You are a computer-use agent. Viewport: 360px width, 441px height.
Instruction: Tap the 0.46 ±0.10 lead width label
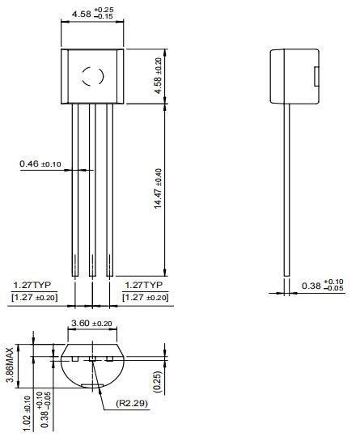tap(41, 164)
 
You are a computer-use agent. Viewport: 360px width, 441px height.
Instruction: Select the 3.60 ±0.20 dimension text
tap(92, 323)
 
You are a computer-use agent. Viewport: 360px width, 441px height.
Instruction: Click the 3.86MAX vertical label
tap(10, 367)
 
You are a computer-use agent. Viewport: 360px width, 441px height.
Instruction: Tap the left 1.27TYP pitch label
tap(32, 286)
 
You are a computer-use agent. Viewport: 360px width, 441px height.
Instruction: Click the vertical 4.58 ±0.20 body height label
tap(158, 75)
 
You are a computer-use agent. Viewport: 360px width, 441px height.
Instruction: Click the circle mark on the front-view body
tap(91, 76)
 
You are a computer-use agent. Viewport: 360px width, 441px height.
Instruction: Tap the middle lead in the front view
tap(91, 190)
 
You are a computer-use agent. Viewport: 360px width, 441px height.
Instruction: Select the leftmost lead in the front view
tap(74, 190)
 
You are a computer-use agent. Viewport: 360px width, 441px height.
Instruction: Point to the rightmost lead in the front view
tap(109, 190)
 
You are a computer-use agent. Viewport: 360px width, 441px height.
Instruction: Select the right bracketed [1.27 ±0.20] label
tap(146, 298)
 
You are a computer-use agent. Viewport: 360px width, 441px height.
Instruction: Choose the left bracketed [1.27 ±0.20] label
tap(33, 298)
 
